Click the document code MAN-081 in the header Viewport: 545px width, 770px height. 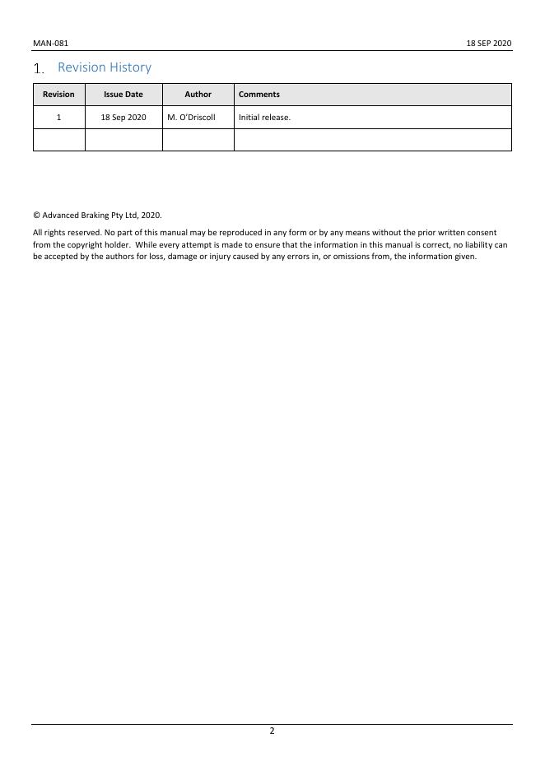coord(44,43)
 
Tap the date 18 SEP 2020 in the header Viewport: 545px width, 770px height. coord(489,43)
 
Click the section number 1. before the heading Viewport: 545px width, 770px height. coord(39,69)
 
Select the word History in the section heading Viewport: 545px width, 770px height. coord(131,67)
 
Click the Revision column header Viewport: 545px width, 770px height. coord(58,95)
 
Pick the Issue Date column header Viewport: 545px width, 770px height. coord(123,95)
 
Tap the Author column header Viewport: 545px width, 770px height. coord(198,95)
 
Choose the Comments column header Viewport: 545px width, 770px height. coord(259,95)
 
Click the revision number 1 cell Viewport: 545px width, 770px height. coord(58,118)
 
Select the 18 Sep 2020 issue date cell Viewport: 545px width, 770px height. coord(123,118)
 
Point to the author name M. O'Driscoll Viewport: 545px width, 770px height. coord(191,118)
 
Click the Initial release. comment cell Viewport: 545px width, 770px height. coord(264,118)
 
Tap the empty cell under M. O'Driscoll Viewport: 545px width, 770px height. coord(198,140)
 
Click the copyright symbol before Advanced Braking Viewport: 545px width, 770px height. coord(36,216)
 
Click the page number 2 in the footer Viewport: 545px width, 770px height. coord(272,731)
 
